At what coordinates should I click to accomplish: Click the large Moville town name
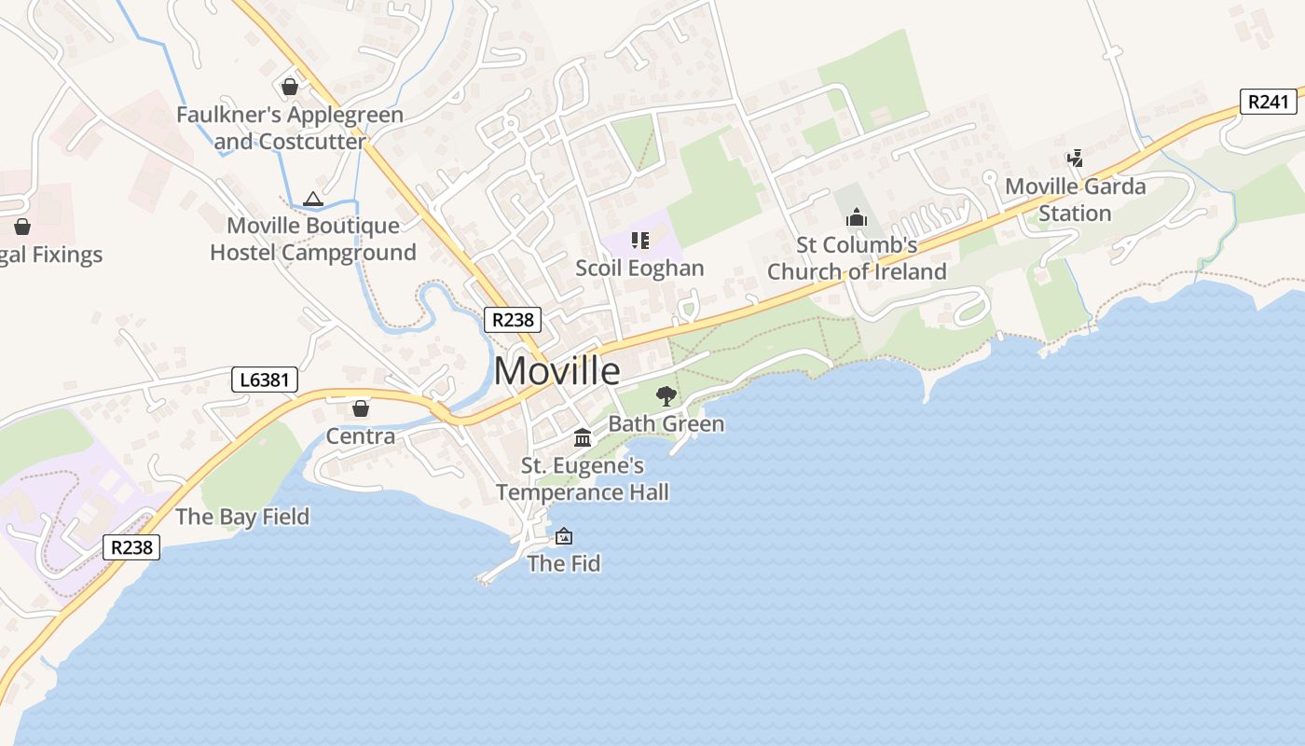[556, 371]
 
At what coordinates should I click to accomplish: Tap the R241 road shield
[1269, 102]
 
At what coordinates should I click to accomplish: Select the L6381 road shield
[265, 380]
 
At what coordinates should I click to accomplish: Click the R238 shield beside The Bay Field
[131, 547]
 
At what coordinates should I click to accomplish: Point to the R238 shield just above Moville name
[513, 320]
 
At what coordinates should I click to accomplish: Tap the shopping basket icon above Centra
[361, 408]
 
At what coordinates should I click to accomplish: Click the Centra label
[360, 435]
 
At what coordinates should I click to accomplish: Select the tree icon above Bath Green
[666, 396]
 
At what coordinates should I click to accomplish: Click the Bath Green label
[666, 424]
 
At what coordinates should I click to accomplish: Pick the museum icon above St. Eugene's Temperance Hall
[583, 438]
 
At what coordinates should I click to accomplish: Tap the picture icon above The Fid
[563, 536]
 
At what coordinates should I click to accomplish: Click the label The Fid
[563, 563]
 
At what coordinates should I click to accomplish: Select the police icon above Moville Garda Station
[1076, 159]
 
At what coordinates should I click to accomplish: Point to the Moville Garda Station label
[1075, 200]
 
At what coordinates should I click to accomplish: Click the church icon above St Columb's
[856, 218]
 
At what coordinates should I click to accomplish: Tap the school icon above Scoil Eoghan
[639, 242]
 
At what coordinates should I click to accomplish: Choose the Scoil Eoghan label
[639, 269]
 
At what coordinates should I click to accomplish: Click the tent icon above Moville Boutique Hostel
[312, 199]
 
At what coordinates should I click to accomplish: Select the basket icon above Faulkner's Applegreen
[290, 88]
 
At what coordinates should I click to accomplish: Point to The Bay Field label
[242, 517]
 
